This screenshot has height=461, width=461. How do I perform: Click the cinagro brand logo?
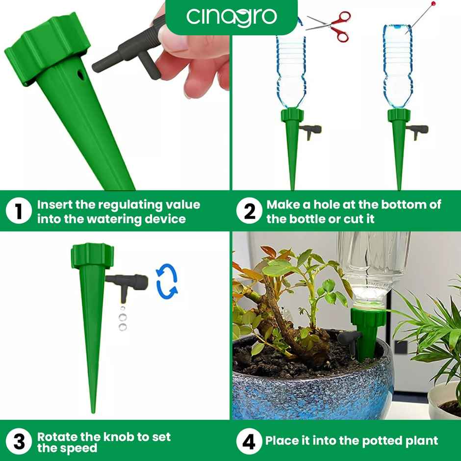point(231,16)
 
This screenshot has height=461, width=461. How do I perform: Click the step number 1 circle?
point(19,212)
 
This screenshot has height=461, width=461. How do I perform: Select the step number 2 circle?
point(250,212)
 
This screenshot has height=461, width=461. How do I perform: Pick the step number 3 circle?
point(19,441)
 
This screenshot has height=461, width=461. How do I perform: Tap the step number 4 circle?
point(250,441)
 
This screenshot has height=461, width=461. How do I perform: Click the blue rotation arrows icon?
point(167,282)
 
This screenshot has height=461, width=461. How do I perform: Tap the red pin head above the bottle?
point(433,4)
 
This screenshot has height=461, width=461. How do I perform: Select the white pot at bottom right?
point(444,400)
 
